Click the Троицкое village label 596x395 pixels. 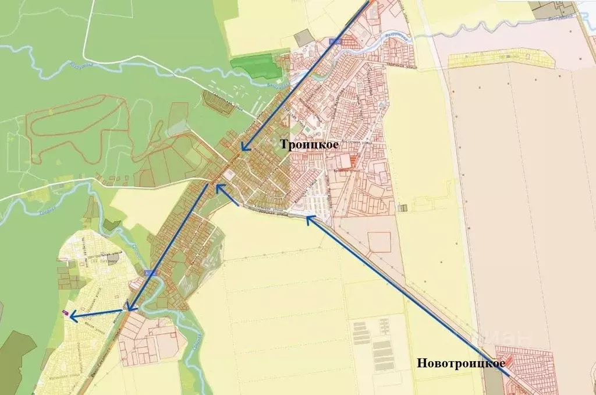click(x=310, y=145)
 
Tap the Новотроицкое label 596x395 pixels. click(x=460, y=364)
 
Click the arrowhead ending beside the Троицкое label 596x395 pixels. click(x=244, y=148)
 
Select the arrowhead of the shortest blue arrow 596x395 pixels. click(x=218, y=188)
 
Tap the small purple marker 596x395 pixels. click(x=66, y=313)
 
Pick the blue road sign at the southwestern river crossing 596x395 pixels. click(x=150, y=272)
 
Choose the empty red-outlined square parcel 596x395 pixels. click(x=379, y=241)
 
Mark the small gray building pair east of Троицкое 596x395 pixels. click(x=403, y=207)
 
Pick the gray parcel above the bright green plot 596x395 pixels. click(x=303, y=38)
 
